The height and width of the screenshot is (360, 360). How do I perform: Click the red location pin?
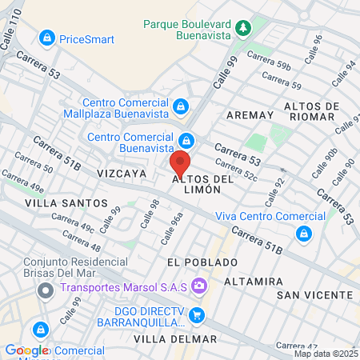click(x=180, y=164)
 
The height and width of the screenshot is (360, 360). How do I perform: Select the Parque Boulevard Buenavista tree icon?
click(x=243, y=30)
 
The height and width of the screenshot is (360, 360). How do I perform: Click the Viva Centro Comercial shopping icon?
click(x=303, y=234)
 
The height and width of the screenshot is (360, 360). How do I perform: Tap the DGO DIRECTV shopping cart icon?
click(x=198, y=315)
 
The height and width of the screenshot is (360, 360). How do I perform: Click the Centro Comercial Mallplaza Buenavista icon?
click(x=182, y=106)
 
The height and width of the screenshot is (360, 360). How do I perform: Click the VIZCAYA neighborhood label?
click(x=121, y=173)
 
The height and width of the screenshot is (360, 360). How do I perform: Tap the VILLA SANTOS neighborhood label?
click(x=66, y=203)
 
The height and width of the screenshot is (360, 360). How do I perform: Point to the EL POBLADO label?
click(x=202, y=262)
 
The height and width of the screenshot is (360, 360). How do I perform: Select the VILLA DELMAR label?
click(x=175, y=339)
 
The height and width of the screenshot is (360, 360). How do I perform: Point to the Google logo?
click(x=27, y=350)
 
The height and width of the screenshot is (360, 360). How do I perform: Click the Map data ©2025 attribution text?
click(x=326, y=354)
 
